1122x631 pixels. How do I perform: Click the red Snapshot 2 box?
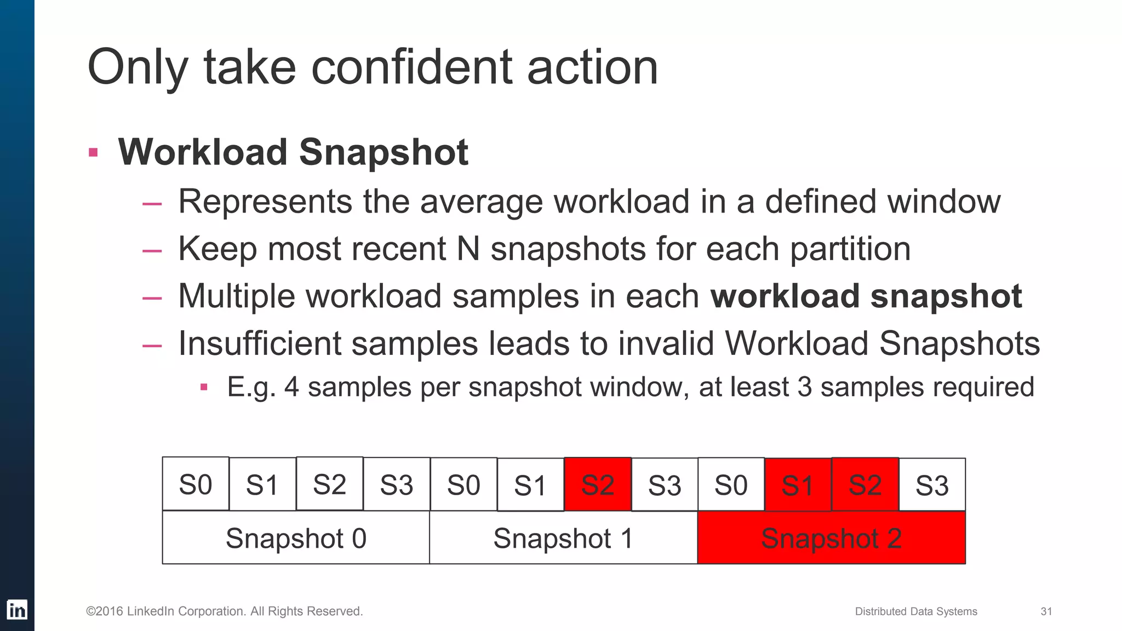[831, 538]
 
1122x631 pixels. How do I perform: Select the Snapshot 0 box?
[296, 538]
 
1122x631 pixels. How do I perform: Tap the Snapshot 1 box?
[563, 538]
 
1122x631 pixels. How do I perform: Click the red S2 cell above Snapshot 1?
[598, 485]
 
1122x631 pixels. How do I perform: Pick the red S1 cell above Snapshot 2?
[798, 485]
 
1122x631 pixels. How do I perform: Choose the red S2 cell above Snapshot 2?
[865, 485]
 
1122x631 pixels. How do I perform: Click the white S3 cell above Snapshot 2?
[932, 485]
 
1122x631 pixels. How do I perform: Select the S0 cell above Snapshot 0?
[196, 484]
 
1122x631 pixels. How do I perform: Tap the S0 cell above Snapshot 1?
[463, 485]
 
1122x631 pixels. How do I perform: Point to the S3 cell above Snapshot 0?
[397, 485]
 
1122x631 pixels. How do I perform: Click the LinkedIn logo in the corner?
[17, 610]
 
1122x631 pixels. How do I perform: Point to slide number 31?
[1046, 611]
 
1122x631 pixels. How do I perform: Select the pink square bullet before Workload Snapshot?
[93, 152]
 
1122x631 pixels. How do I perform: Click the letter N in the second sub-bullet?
[468, 249]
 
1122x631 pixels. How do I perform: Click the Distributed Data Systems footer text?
[916, 611]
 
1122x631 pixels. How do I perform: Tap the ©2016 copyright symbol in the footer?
[90, 611]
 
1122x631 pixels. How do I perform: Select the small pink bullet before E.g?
[204, 387]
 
